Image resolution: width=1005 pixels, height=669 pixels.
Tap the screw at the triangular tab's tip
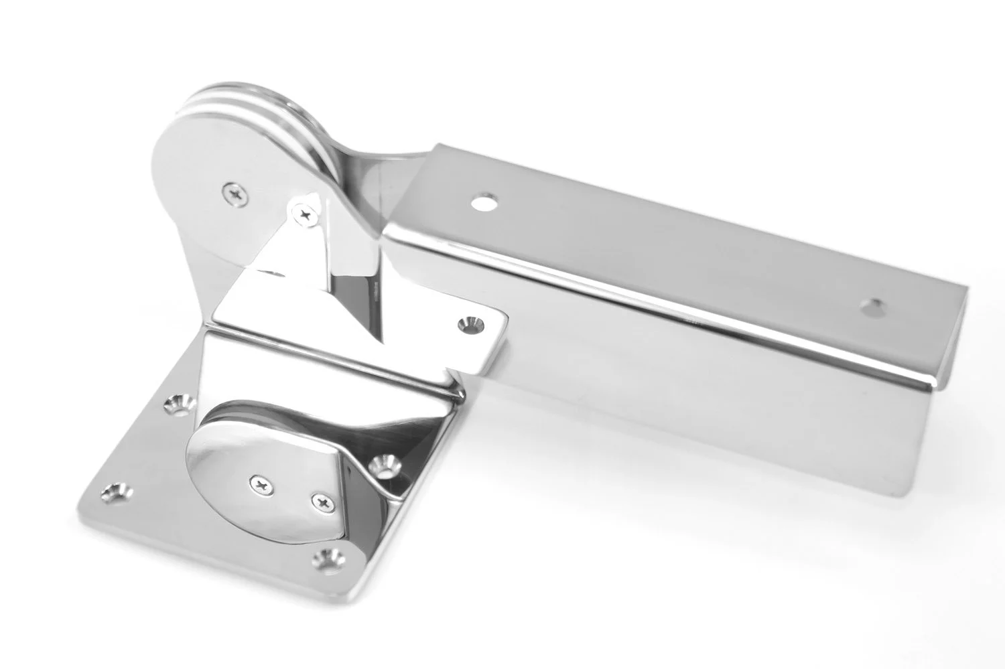(x=307, y=214)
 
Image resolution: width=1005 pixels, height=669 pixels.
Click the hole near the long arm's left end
(x=484, y=201)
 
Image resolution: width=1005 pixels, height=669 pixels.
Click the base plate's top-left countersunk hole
(x=178, y=402)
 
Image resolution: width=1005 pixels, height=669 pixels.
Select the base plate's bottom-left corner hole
(x=115, y=496)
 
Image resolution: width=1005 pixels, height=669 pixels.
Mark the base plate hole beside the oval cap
(x=386, y=461)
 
